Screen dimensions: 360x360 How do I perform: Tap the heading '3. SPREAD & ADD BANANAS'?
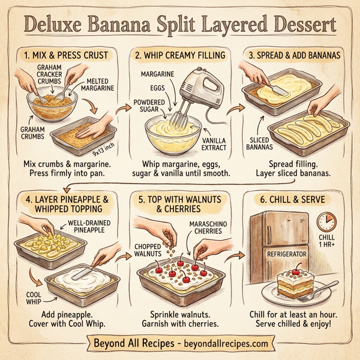297,56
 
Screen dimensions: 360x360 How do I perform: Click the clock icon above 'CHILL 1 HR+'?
326,223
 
